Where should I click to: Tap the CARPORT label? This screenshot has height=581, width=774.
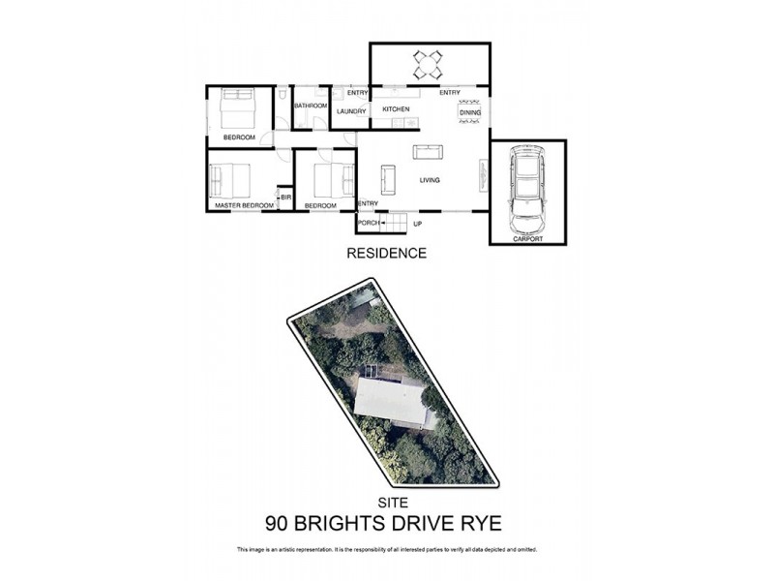click(527, 238)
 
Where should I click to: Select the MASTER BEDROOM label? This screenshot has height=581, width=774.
click(244, 206)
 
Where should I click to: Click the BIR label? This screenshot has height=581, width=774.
click(285, 198)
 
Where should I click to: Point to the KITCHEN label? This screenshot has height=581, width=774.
click(397, 109)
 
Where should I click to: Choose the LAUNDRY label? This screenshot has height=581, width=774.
click(350, 111)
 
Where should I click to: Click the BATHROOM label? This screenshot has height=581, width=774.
click(312, 105)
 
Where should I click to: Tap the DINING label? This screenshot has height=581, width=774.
click(470, 113)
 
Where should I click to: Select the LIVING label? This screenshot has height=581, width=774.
click(430, 180)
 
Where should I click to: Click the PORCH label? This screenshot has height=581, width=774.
click(368, 224)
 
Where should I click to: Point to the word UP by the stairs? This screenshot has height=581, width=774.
click(418, 224)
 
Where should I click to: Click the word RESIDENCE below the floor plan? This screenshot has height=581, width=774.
click(387, 254)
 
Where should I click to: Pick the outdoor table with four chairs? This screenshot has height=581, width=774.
click(428, 65)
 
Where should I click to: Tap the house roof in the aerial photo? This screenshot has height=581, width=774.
click(391, 402)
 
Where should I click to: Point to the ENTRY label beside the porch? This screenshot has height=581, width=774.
click(368, 203)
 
